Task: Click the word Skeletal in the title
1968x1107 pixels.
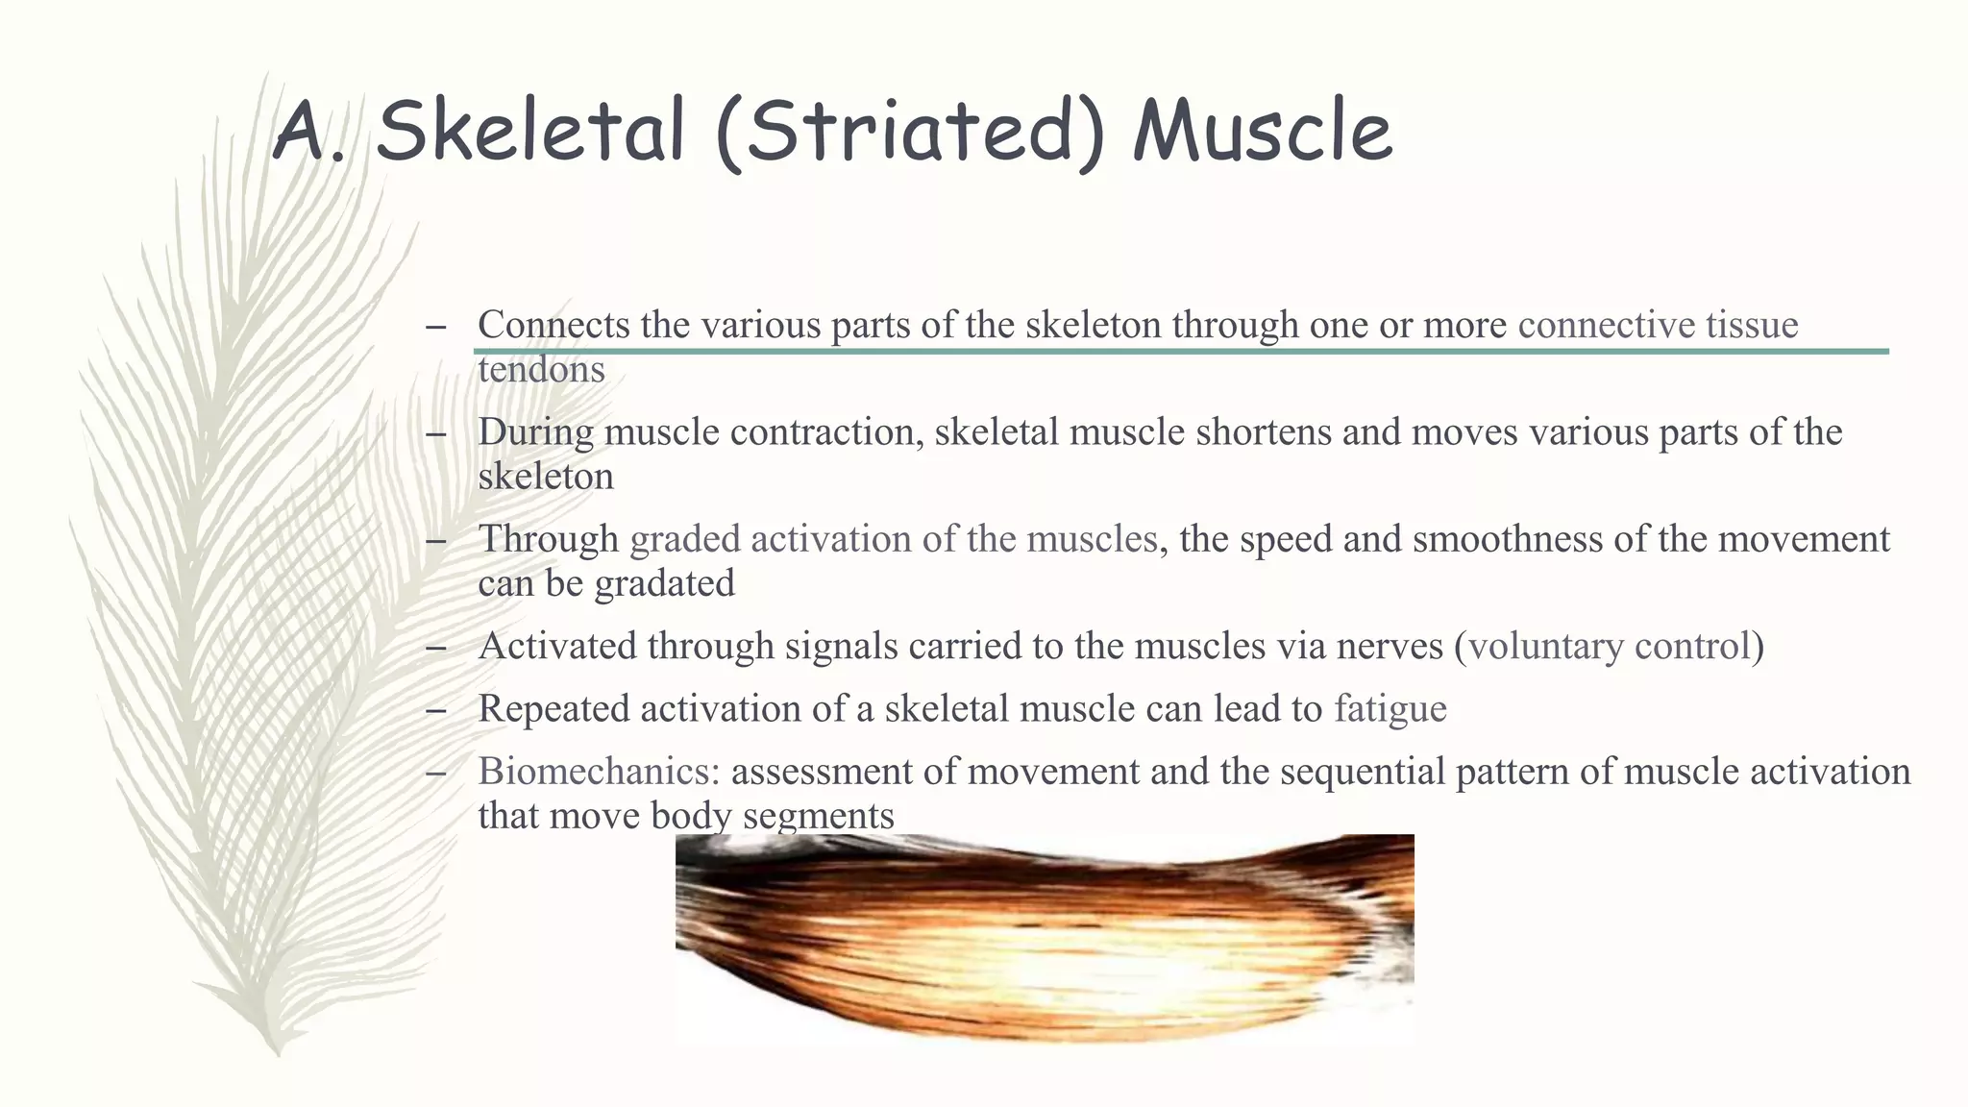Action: point(529,132)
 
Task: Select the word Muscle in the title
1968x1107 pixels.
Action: point(1263,132)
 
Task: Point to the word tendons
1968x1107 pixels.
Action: point(541,370)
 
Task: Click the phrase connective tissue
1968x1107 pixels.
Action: point(1658,325)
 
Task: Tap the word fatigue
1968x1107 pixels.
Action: point(1390,709)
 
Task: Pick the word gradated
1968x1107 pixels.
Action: point(664,583)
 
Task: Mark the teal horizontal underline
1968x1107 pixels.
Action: point(1181,352)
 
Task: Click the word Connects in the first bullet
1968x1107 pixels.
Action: point(553,325)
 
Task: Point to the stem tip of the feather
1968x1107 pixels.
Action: point(278,1051)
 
